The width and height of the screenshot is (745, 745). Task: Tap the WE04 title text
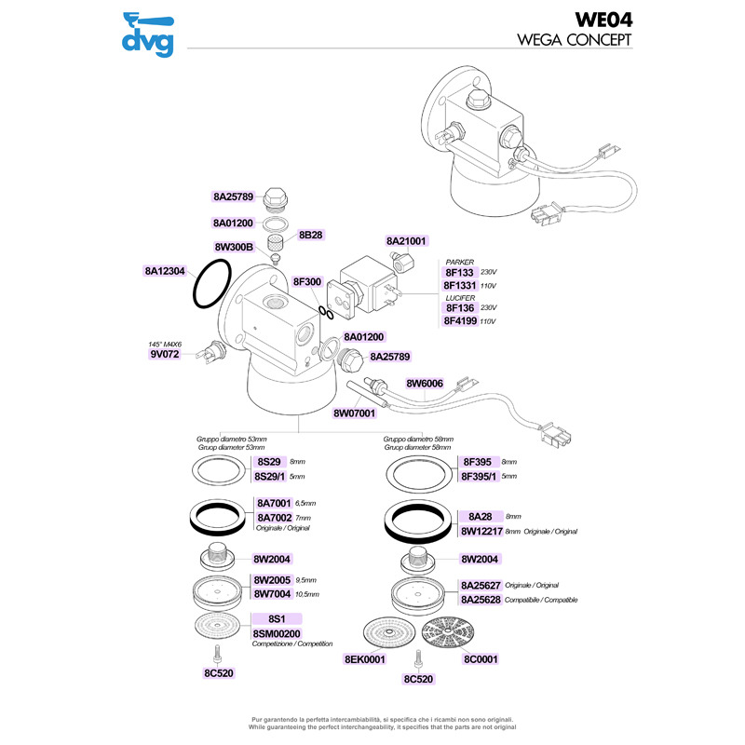click(601, 20)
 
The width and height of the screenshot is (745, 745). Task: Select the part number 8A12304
click(166, 271)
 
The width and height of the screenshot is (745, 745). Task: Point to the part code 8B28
click(310, 236)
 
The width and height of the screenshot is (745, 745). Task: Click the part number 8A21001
click(406, 241)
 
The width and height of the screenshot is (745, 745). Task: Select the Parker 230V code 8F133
click(460, 273)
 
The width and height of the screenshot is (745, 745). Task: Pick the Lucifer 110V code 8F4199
click(461, 320)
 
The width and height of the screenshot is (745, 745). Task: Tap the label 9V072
click(164, 354)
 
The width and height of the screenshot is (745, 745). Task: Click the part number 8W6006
click(424, 383)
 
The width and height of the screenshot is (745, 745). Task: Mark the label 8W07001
click(354, 413)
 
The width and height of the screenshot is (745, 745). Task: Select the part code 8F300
click(307, 281)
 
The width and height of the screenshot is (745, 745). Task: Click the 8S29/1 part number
click(272, 476)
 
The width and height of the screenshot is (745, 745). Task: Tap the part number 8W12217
click(482, 531)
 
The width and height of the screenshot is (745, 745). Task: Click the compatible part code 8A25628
click(482, 600)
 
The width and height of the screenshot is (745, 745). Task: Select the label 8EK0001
click(365, 658)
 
